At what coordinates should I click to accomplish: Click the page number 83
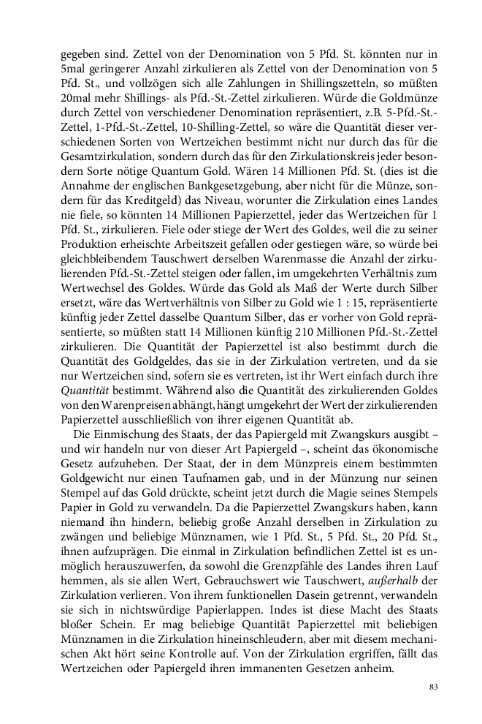pyautogui.click(x=433, y=687)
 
